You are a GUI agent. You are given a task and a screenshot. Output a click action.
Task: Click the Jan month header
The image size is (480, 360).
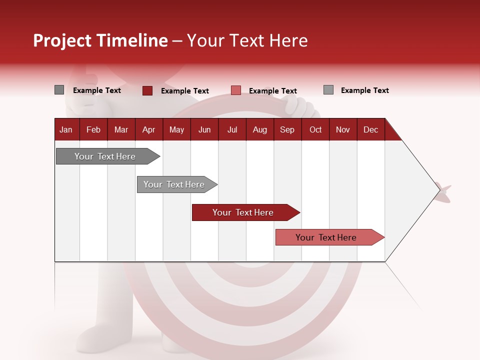click(x=66, y=129)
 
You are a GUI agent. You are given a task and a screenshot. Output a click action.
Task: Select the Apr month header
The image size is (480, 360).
click(x=148, y=129)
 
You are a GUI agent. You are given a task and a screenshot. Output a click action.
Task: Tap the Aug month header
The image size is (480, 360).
click(x=259, y=129)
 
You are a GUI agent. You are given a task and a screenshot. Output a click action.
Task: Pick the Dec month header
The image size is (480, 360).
click(x=370, y=129)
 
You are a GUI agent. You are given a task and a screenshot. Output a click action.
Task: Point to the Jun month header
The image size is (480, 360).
click(x=204, y=129)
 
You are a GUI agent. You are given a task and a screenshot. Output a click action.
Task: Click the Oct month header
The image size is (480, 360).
click(x=315, y=129)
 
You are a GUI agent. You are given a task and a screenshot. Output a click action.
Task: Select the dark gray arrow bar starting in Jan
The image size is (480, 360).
click(x=105, y=156)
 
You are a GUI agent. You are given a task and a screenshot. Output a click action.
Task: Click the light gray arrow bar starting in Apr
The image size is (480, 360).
click(x=174, y=184)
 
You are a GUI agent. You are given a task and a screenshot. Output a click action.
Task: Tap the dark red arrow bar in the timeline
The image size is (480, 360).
click(x=243, y=212)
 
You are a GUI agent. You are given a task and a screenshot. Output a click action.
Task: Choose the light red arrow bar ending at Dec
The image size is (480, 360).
click(x=326, y=237)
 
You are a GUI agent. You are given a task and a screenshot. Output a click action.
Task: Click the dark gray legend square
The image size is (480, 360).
click(x=59, y=90)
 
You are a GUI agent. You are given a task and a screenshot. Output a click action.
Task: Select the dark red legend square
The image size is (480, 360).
click(x=147, y=90)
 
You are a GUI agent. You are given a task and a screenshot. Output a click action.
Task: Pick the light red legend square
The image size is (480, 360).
click(x=236, y=90)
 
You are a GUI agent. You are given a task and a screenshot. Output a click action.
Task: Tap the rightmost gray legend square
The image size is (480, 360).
click(x=328, y=90)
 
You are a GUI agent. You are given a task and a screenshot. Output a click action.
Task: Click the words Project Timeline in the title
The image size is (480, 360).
click(x=100, y=40)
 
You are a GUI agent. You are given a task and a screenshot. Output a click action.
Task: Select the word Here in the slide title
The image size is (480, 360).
click(x=288, y=40)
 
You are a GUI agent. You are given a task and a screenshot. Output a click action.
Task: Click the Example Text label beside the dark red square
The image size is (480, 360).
click(x=184, y=91)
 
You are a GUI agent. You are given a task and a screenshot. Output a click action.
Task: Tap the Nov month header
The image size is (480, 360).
click(x=342, y=129)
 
